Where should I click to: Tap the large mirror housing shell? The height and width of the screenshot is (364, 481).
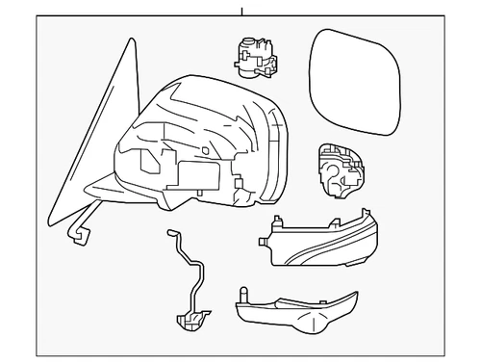click(x=212, y=144)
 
